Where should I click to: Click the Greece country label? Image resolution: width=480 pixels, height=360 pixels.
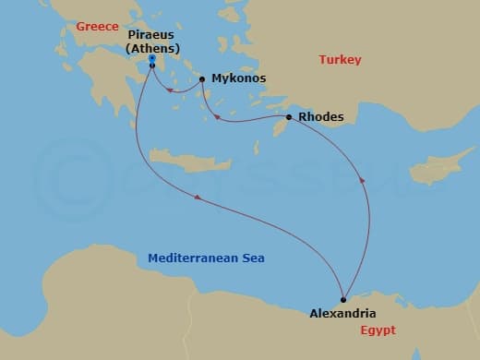[98, 27]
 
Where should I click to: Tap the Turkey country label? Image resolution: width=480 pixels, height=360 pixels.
[340, 60]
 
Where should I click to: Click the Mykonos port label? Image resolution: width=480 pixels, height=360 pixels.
[238, 78]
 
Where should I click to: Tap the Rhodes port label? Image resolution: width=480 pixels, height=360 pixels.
[322, 117]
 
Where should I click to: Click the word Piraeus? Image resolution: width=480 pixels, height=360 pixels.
[150, 34]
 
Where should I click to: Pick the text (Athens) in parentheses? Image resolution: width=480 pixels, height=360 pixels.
[152, 49]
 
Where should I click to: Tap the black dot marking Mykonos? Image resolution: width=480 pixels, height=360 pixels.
[202, 79]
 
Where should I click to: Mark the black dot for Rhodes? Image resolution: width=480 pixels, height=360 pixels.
[289, 117]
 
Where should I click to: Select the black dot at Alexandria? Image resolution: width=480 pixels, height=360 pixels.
[342, 297]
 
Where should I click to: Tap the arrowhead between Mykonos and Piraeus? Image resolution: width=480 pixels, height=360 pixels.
[171, 90]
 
